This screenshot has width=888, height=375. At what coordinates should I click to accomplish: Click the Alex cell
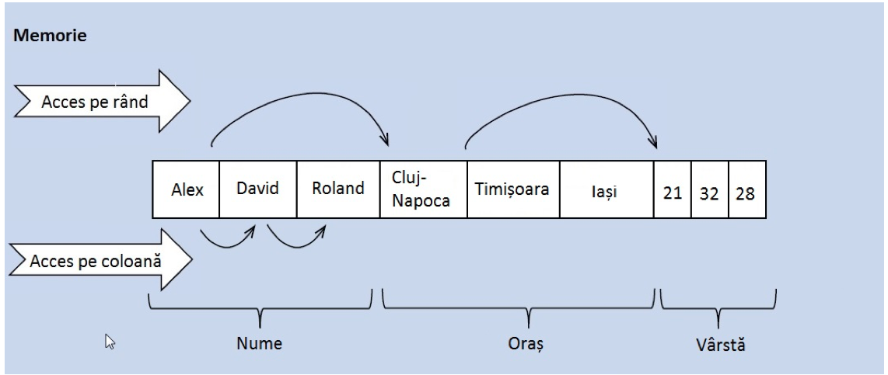pyautogui.click(x=187, y=189)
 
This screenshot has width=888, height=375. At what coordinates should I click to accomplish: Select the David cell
pyautogui.click(x=258, y=189)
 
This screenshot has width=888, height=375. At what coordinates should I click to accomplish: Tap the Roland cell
pyautogui.click(x=338, y=189)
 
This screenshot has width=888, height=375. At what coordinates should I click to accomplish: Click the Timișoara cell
pyautogui.click(x=512, y=189)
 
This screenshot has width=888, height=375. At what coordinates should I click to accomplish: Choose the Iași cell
pyautogui.click(x=607, y=189)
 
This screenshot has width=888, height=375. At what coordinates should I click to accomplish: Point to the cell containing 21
pyautogui.click(x=672, y=191)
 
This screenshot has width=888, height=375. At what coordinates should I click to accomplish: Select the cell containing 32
pyautogui.click(x=709, y=191)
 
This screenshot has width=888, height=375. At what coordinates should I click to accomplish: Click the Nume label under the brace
pyautogui.click(x=259, y=344)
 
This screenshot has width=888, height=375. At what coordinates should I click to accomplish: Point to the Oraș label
pyautogui.click(x=527, y=344)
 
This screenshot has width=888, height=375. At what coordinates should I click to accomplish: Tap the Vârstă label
pyautogui.click(x=720, y=344)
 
